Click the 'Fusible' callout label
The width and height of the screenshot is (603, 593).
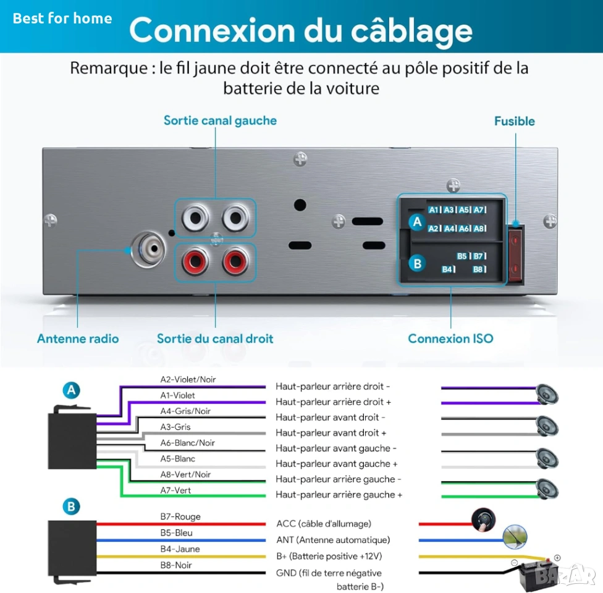point(514,121)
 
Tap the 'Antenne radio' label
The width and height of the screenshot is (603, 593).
point(78,339)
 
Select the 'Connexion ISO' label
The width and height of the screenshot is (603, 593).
point(450,339)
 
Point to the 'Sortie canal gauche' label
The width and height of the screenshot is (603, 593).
point(220,120)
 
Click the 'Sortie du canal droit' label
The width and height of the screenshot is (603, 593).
point(215,339)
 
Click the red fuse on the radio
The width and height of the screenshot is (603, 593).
point(515,255)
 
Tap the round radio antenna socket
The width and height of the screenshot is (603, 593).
point(148,250)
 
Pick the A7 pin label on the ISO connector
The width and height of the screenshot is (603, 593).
point(479,209)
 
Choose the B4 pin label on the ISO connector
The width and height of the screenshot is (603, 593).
point(448,269)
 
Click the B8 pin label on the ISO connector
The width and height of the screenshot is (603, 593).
point(478,269)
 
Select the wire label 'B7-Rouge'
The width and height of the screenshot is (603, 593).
point(180,517)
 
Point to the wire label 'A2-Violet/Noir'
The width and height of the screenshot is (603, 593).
point(188,379)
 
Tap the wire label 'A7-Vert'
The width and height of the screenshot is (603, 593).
point(175,490)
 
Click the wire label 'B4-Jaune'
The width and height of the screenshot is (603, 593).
point(180,549)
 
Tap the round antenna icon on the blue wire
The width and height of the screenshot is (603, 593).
point(515,537)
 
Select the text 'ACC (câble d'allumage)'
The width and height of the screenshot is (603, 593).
point(324,524)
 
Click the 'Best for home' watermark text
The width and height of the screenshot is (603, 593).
point(62,18)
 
